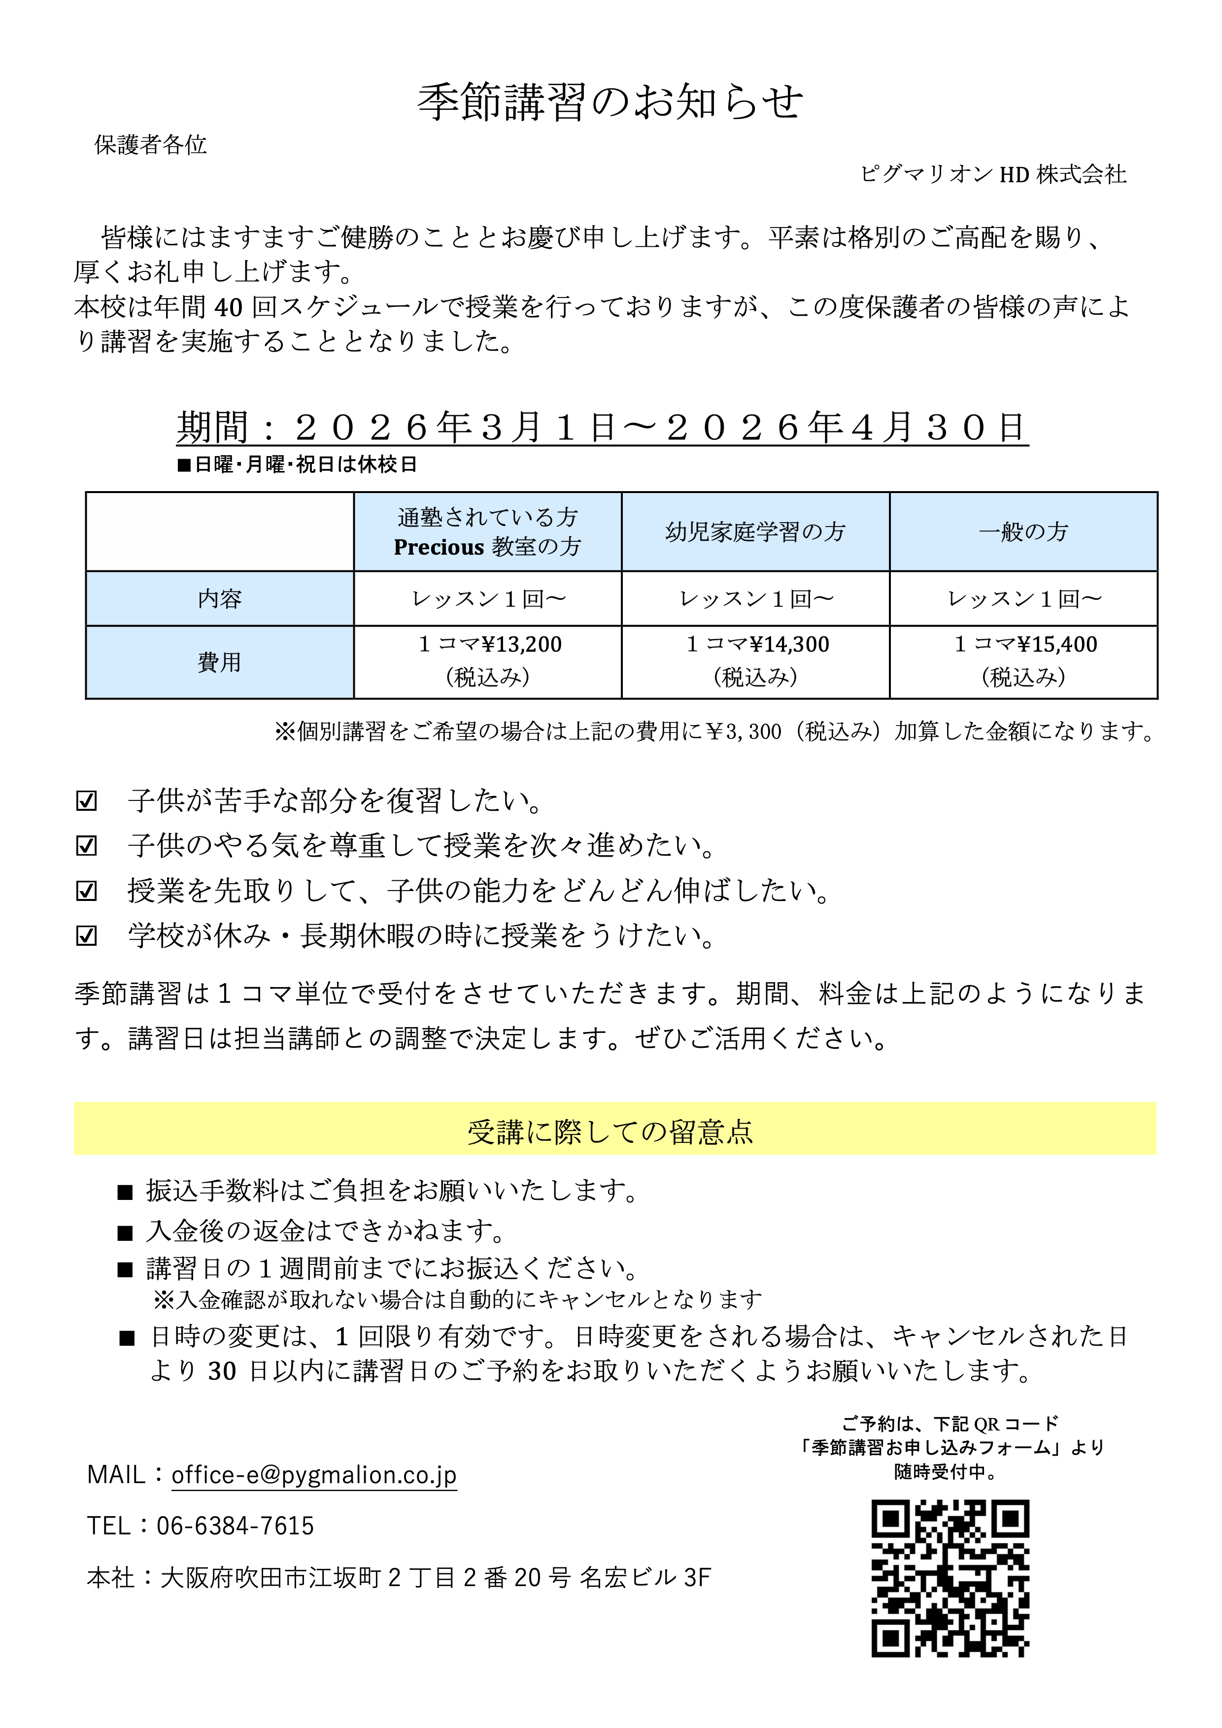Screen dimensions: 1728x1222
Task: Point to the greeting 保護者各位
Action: click(151, 144)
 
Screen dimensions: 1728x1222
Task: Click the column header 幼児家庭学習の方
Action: click(755, 532)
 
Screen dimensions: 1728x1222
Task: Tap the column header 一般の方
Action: click(1023, 532)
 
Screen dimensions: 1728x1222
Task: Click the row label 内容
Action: click(219, 599)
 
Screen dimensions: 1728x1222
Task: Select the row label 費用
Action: click(219, 663)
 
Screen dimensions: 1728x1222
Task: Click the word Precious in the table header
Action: click(438, 547)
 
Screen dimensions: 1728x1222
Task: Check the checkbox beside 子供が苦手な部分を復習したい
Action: click(87, 801)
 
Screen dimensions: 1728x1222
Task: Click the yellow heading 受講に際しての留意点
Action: click(611, 1132)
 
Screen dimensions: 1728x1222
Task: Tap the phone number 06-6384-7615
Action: click(235, 1526)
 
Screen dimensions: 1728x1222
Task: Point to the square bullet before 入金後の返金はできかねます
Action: click(125, 1232)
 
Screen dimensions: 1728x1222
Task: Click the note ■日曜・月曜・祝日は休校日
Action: click(298, 465)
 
